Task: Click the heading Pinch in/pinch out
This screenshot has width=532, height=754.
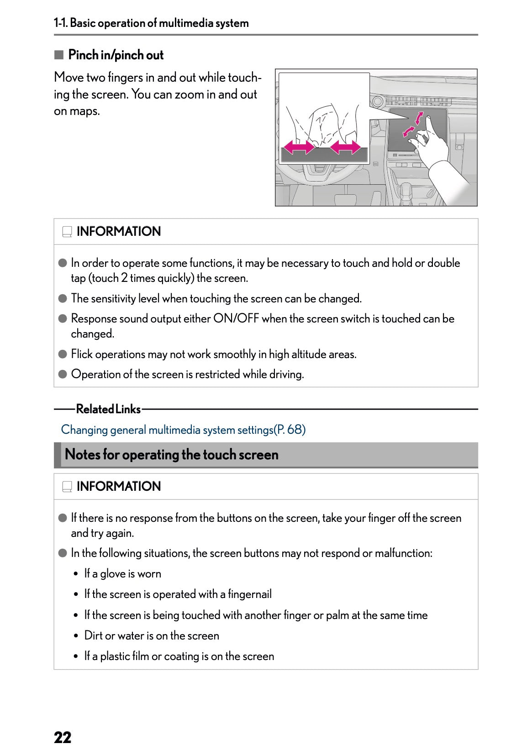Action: point(116,55)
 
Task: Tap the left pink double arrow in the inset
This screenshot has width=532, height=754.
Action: point(299,147)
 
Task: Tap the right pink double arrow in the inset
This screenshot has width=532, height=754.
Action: point(345,147)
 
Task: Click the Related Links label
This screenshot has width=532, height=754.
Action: point(108,409)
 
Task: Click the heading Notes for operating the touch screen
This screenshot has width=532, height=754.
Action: point(172,455)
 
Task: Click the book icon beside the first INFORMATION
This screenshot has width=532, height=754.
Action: point(67,232)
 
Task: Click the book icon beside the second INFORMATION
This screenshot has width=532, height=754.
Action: point(67,487)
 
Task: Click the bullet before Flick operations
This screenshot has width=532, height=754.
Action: point(63,354)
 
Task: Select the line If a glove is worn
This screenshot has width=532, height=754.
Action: point(122,574)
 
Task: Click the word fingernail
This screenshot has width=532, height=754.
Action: point(249,594)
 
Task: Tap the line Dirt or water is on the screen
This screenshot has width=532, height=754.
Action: point(152,636)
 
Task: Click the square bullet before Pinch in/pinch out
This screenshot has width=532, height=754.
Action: point(58,55)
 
